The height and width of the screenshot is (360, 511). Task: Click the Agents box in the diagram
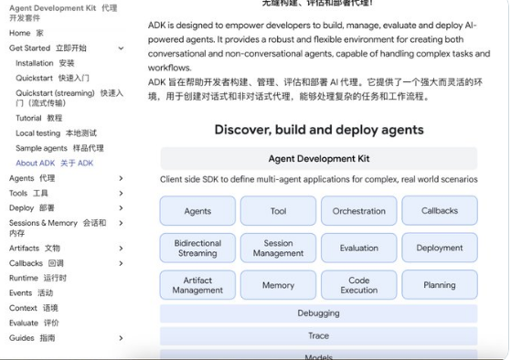point(197,211)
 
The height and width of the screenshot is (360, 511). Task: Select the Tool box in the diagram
point(278,211)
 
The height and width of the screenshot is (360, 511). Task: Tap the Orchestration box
point(359,211)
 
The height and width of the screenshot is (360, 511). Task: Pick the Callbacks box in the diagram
point(440,211)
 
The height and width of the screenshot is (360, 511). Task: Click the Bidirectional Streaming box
point(197,248)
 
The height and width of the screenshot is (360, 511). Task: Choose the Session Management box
point(278,248)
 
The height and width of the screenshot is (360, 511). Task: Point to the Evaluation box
point(359,248)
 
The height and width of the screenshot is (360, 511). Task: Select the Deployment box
point(440,248)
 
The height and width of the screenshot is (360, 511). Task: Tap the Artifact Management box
point(197,285)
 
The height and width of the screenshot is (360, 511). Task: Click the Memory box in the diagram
point(278,285)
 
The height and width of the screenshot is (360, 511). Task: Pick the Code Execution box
point(359,285)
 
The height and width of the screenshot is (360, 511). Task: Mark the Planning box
point(440,285)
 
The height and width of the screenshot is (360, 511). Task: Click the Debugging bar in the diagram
point(318,313)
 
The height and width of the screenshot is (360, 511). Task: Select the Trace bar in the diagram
point(318,336)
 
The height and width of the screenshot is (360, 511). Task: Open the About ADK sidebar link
point(55,164)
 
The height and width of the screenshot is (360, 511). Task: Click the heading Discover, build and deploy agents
point(319,130)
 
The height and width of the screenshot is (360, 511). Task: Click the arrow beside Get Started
point(121,48)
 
